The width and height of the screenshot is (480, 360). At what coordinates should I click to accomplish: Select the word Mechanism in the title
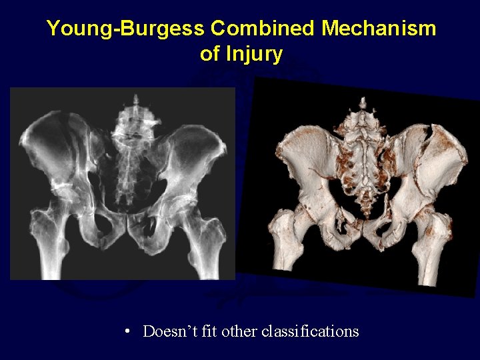click(379, 29)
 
